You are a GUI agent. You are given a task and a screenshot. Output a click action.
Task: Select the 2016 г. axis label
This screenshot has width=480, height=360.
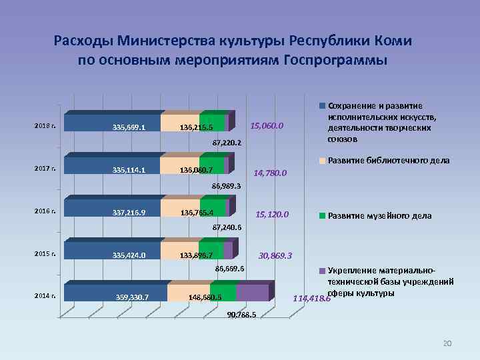coord(45,211)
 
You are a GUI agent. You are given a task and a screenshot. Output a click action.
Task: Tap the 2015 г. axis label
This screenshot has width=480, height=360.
coord(45,253)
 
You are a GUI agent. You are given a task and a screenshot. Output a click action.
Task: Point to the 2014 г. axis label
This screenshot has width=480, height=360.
coord(45,296)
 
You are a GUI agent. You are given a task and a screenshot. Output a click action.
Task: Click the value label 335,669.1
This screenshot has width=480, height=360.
coord(129,127)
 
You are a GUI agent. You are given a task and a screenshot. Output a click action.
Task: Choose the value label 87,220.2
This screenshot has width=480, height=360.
coord(227,143)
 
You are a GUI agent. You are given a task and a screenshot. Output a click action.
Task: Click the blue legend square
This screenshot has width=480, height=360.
coord(323,106)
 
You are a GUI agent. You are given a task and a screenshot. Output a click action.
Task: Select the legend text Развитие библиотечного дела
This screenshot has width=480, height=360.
coord(389,161)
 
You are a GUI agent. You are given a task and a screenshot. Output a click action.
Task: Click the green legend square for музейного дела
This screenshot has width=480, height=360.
coord(323,216)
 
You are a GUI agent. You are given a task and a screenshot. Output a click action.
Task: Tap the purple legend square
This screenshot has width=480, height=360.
coord(323,271)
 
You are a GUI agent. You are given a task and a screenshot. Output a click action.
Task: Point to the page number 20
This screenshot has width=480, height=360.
coord(447,343)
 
